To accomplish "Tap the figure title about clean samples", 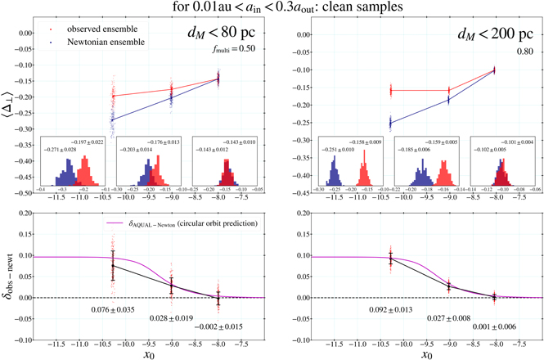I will (x=272, y=7).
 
